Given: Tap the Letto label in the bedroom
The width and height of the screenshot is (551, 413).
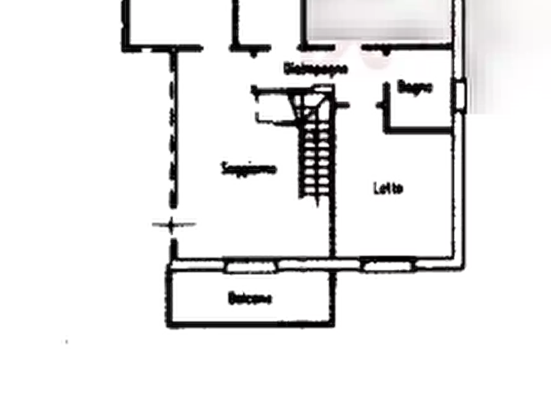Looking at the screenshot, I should click(389, 189).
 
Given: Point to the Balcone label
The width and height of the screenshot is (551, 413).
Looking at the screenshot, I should click(251, 298).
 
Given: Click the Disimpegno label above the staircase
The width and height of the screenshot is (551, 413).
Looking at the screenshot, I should click(315, 68).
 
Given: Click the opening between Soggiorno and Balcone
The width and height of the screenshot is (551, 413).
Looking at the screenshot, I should click(250, 267).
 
